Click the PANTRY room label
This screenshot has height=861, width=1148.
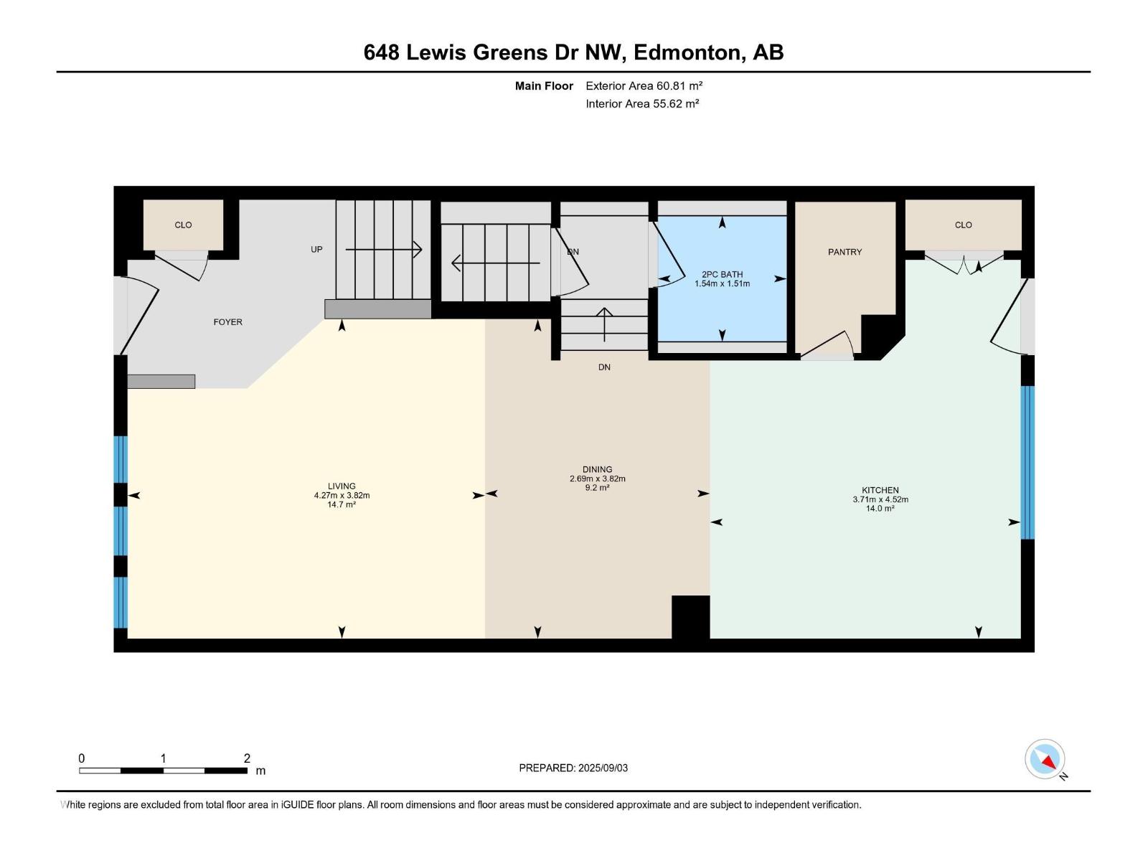(844, 252)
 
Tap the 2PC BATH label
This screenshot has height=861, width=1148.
(722, 274)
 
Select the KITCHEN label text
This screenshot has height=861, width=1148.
(880, 490)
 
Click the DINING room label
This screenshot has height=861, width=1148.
(597, 469)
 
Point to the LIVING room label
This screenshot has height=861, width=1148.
(342, 486)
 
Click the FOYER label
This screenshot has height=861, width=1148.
(227, 322)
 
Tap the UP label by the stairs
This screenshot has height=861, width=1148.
(316, 250)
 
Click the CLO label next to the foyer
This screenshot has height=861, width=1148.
(183, 225)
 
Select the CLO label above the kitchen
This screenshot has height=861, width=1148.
(963, 225)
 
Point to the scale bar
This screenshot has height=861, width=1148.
(163, 771)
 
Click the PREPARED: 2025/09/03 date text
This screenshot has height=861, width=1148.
(573, 768)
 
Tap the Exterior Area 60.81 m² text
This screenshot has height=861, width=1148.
(644, 85)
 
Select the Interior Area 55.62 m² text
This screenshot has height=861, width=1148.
(642, 103)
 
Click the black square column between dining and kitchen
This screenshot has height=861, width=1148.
(690, 616)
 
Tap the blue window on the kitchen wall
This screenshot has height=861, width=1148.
(1027, 462)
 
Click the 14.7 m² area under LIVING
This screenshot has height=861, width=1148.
(342, 504)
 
